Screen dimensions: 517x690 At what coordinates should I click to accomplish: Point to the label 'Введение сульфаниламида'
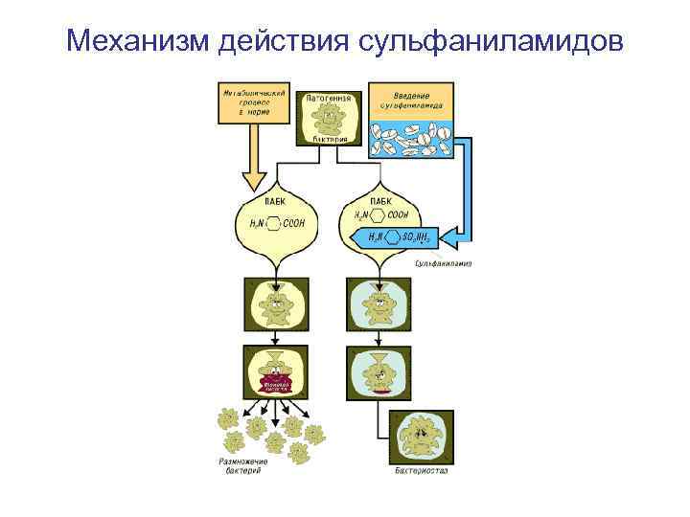click(x=412, y=100)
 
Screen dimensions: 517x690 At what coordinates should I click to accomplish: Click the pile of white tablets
click(x=412, y=139)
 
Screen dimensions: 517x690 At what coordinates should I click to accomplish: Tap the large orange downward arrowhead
click(x=254, y=179)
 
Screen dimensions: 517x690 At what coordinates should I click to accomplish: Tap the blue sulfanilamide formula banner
click(x=397, y=237)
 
